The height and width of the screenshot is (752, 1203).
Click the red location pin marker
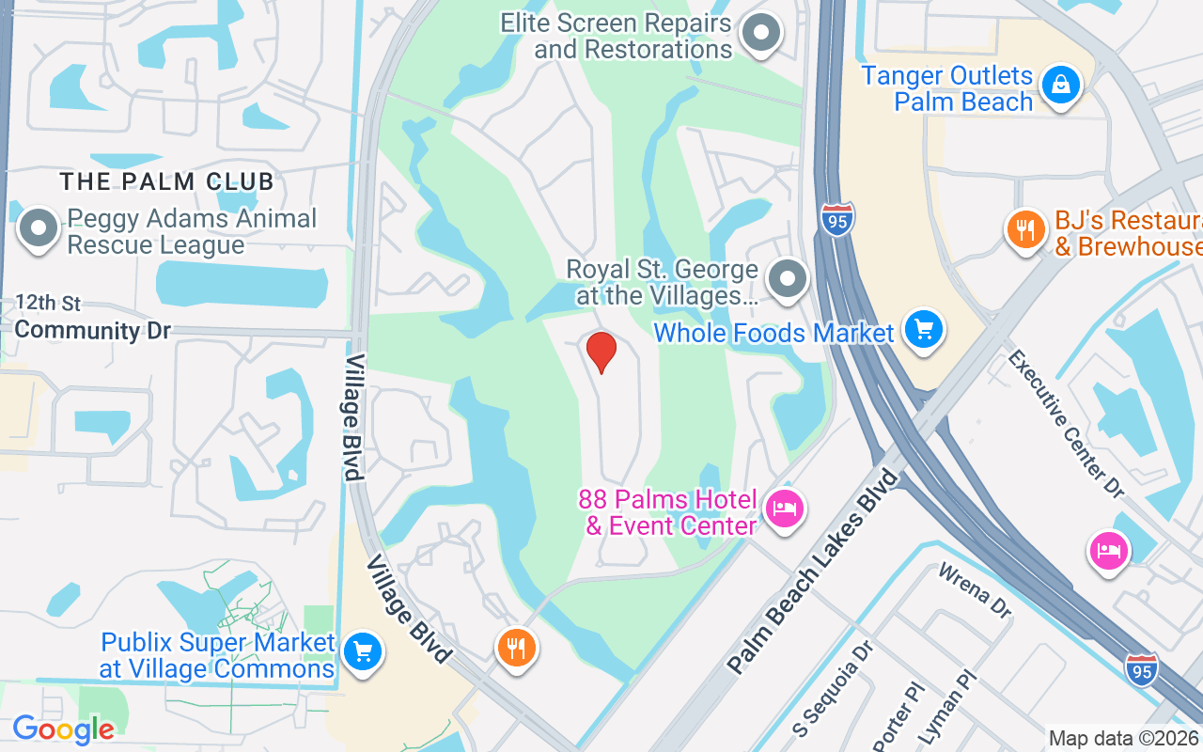pyautogui.click(x=601, y=352)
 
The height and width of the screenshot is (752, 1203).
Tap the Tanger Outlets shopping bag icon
pyautogui.click(x=1060, y=85)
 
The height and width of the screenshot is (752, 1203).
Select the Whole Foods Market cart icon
pyautogui.click(x=924, y=330)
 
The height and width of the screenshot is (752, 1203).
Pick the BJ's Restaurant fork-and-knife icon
pyautogui.click(x=1025, y=229)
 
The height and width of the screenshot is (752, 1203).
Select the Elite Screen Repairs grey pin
pyautogui.click(x=761, y=33)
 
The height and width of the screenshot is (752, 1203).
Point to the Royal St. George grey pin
pyautogui.click(x=788, y=278)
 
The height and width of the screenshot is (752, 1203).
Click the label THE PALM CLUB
pyautogui.click(x=167, y=180)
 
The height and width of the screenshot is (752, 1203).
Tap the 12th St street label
pyautogui.click(x=48, y=303)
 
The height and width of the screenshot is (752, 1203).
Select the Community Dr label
pyautogui.click(x=92, y=330)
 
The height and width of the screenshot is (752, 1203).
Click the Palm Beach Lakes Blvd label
pyautogui.click(x=814, y=572)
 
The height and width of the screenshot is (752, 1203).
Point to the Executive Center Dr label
pyautogui.click(x=1066, y=423)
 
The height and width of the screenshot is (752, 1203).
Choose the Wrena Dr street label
pyautogui.click(x=975, y=589)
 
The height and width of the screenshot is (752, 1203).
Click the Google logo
pyautogui.click(x=63, y=728)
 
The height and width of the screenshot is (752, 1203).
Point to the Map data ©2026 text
pyautogui.click(x=1124, y=738)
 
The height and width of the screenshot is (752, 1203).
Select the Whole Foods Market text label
pyautogui.click(x=773, y=333)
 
